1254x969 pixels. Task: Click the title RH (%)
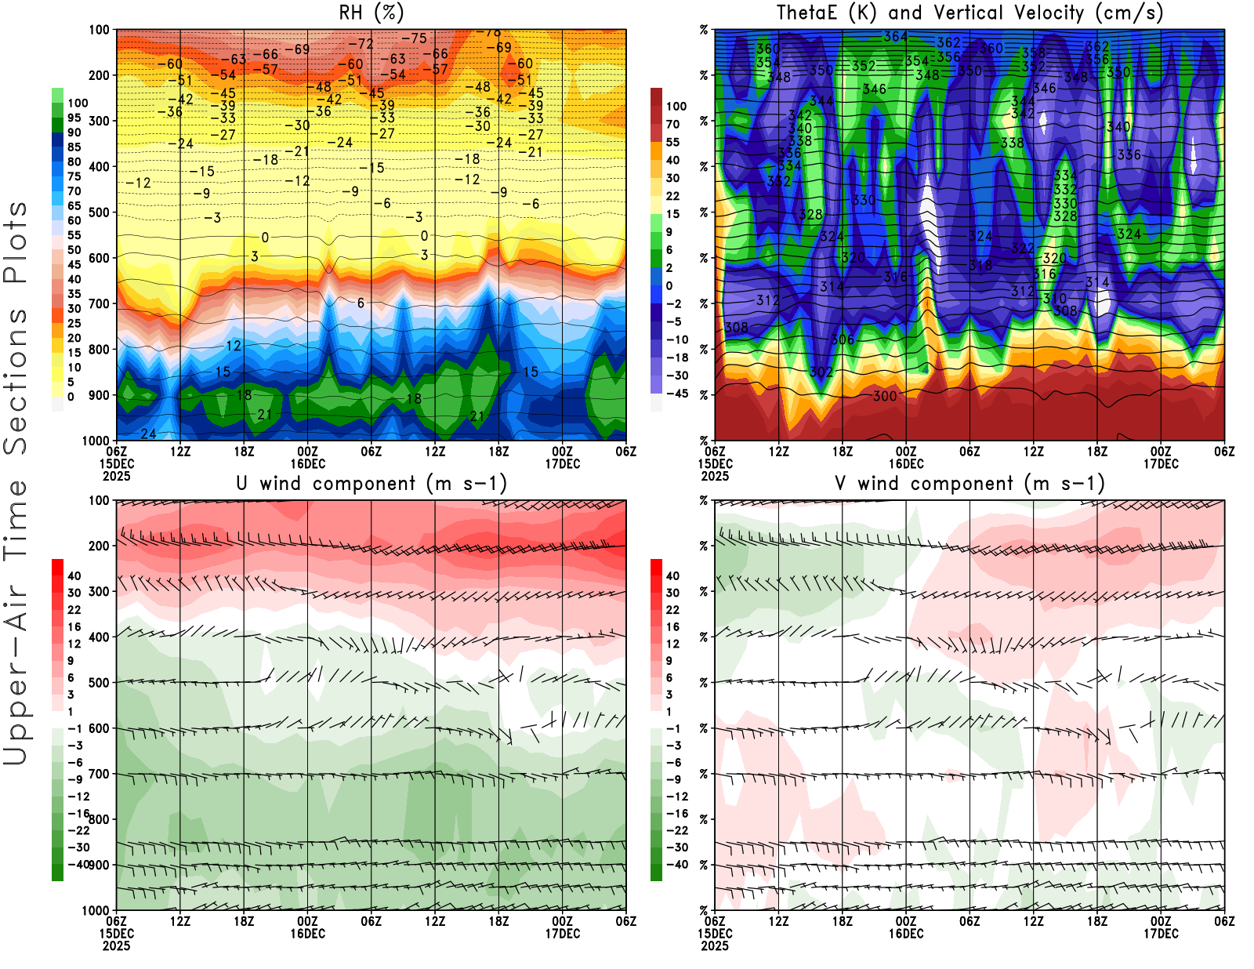click(x=371, y=13)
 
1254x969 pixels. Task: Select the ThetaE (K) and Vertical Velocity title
click(x=969, y=13)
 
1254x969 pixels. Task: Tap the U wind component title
click(x=371, y=483)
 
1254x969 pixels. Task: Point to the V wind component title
click(x=969, y=483)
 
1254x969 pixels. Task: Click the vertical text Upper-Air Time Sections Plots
click(x=16, y=483)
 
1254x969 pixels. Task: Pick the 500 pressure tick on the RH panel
click(x=100, y=212)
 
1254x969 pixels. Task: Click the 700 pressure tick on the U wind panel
click(x=100, y=774)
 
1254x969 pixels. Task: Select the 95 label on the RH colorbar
click(x=74, y=118)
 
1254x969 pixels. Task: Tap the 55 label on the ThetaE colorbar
click(x=672, y=142)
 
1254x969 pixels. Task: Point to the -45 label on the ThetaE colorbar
click(x=676, y=394)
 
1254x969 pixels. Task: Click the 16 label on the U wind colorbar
click(x=74, y=626)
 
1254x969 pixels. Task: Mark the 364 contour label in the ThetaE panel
click(x=895, y=36)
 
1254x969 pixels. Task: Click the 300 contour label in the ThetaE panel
click(x=885, y=396)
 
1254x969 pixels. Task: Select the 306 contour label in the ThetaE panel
click(x=843, y=339)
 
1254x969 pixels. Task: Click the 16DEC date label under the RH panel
click(x=307, y=463)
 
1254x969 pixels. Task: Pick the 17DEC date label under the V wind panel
click(x=1161, y=934)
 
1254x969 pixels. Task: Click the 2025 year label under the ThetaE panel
click(x=715, y=476)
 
